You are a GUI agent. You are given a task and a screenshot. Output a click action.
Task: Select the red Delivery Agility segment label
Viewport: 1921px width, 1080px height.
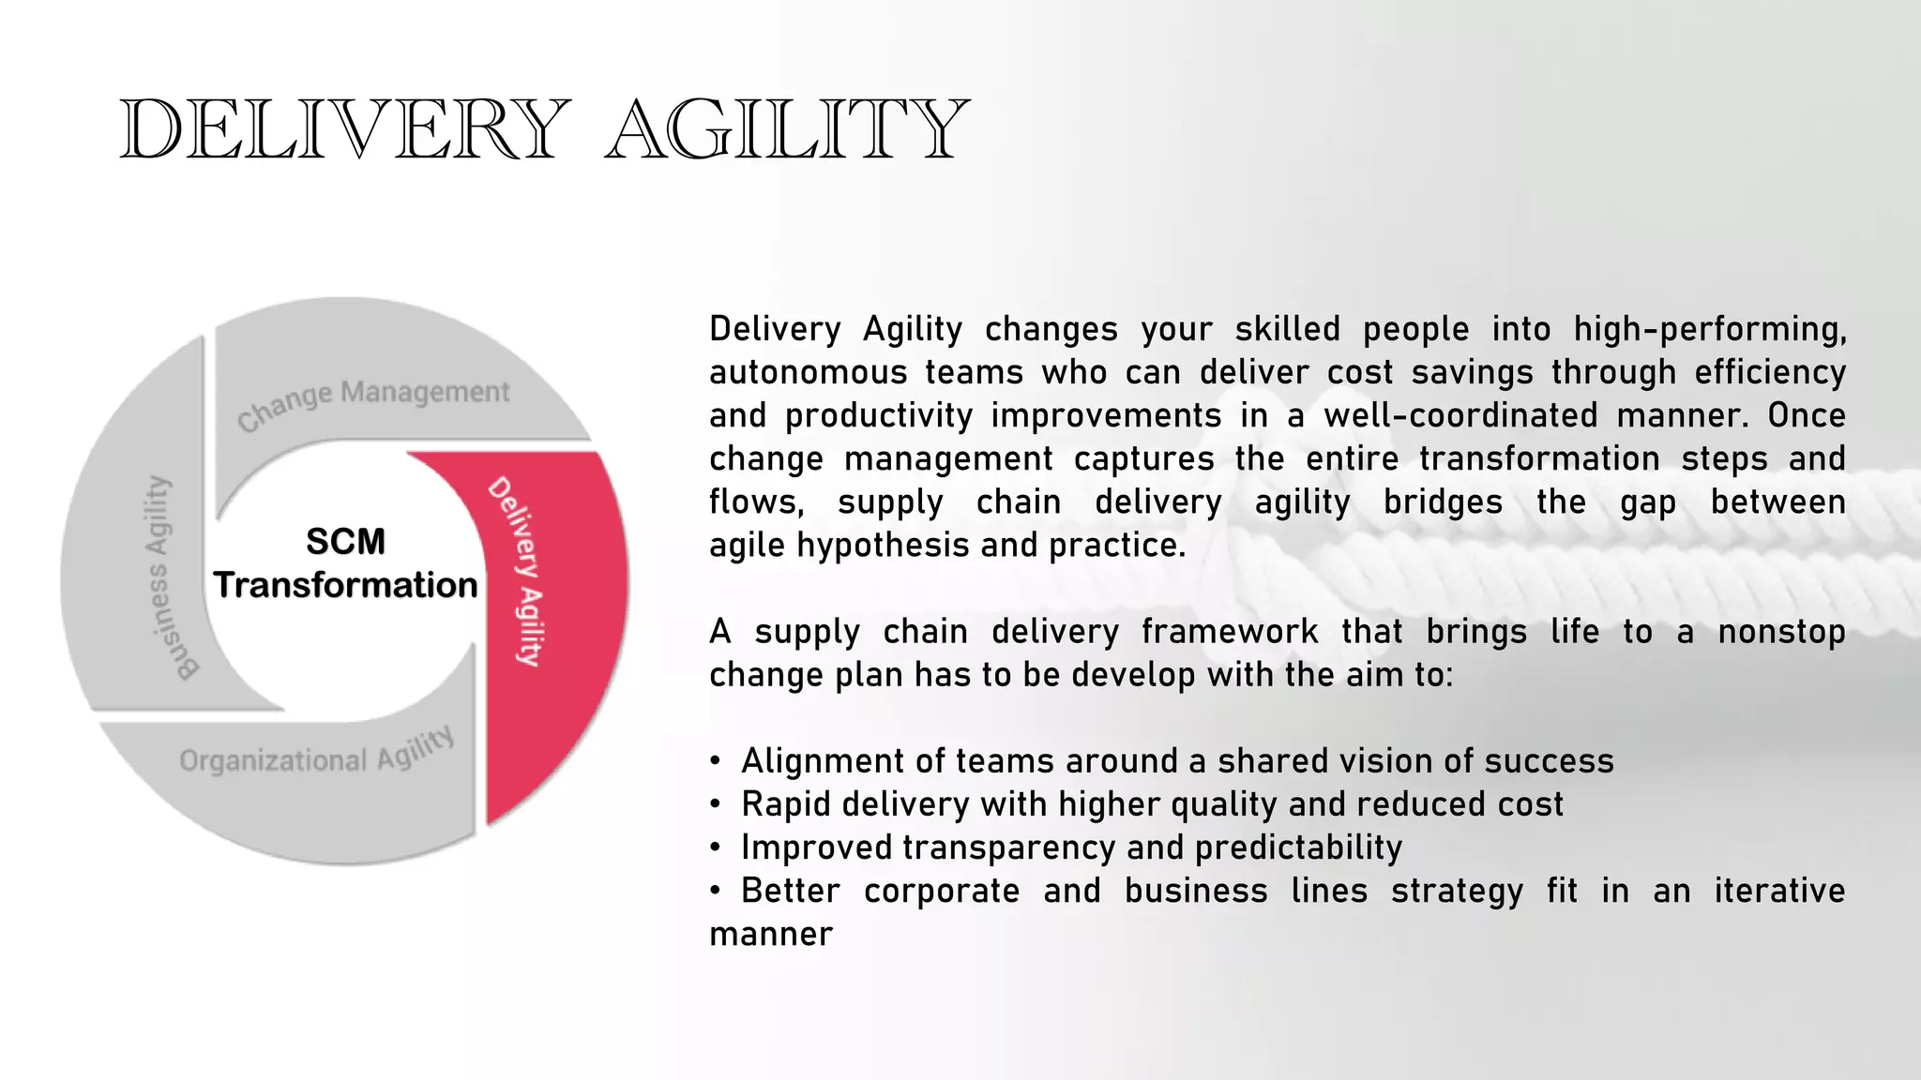coord(518,572)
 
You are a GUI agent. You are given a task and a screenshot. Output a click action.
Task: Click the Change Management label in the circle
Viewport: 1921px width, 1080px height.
coord(373,403)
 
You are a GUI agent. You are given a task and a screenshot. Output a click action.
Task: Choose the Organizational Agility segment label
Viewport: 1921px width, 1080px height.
coord(317,754)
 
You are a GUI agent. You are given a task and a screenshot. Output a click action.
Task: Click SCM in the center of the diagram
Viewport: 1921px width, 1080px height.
coord(345,542)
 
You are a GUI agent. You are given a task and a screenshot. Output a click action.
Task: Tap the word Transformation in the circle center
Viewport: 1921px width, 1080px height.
coord(345,585)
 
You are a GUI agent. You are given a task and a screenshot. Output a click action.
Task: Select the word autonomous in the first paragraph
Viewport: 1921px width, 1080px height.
coord(807,373)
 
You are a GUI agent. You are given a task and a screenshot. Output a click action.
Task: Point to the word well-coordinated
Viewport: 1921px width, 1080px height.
coord(1460,416)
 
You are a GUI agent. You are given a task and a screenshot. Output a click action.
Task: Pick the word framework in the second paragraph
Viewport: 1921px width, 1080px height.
coord(1229,632)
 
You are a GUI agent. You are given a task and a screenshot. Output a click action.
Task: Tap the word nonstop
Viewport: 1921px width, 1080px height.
coord(1781,632)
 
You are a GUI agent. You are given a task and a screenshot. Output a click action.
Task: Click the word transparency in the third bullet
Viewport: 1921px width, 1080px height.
coord(1009,847)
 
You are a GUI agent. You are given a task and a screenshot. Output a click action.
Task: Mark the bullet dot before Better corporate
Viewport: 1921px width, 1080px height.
coord(716,892)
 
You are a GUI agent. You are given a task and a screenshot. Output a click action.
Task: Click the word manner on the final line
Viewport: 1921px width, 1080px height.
coord(770,934)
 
